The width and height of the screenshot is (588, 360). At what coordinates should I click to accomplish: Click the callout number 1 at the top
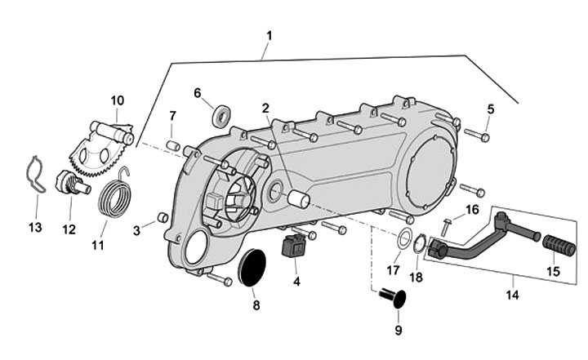click(269, 36)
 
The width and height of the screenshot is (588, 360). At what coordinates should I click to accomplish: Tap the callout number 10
click(118, 100)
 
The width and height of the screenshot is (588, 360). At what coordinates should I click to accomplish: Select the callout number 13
click(34, 226)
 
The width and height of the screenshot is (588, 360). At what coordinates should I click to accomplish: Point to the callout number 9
click(399, 331)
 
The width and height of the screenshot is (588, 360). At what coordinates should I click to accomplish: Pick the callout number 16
click(472, 210)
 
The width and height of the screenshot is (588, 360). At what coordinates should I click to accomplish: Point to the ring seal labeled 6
click(220, 113)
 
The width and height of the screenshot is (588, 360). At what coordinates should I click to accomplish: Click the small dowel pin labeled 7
click(173, 145)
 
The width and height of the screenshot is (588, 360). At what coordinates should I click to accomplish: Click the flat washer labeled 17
click(403, 240)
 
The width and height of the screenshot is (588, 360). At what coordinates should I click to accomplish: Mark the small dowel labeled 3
click(162, 217)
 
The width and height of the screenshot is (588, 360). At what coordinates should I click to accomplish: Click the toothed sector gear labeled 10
click(112, 145)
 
